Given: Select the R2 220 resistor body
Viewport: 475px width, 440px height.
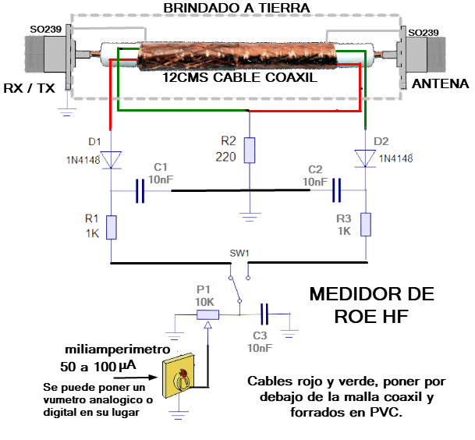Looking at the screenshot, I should click(x=250, y=150).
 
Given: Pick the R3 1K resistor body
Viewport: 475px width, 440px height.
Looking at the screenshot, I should click(x=365, y=225).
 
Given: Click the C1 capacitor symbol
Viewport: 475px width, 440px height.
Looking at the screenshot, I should click(x=140, y=191).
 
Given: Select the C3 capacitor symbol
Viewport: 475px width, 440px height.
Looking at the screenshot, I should click(x=265, y=314).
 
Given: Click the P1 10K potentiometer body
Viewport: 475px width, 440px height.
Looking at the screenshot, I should click(x=207, y=314).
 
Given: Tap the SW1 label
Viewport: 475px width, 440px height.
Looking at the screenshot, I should click(x=239, y=254).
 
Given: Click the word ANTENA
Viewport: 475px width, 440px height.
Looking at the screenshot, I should click(x=440, y=84).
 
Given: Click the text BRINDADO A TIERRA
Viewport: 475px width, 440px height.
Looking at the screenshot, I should click(x=237, y=8).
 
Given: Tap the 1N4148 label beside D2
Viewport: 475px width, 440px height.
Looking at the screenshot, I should click(x=396, y=158).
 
